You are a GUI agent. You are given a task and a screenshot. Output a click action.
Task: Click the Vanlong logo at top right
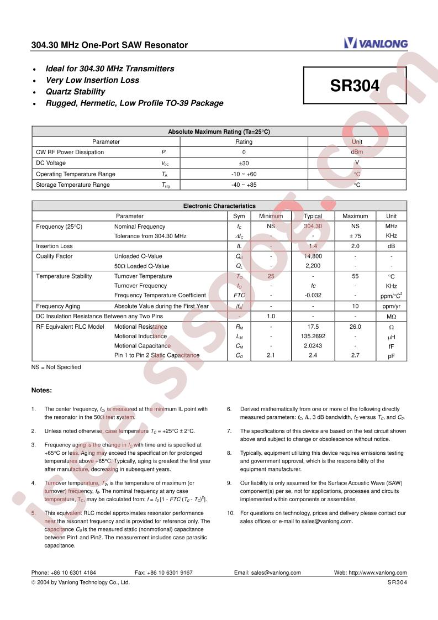[376, 43]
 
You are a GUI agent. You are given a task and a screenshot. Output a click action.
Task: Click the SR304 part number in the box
[355, 86]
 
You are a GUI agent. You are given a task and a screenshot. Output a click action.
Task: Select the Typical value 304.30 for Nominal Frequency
[313, 227]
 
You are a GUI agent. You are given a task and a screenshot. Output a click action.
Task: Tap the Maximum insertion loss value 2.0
[355, 246]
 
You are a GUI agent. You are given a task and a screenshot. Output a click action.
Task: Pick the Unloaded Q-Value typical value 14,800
[313, 256]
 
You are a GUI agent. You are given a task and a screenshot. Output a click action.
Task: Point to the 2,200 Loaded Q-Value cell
[313, 266]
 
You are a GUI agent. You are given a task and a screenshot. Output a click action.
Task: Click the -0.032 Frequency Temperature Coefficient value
[313, 296]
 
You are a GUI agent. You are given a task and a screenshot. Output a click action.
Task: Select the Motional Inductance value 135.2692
[313, 336]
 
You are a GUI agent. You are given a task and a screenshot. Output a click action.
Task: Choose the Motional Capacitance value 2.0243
[313, 346]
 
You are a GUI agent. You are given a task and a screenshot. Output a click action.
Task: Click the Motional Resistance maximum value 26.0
[355, 327]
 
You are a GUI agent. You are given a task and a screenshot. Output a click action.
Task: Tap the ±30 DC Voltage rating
[244, 163]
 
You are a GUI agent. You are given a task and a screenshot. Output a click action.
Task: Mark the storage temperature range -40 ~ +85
[244, 185]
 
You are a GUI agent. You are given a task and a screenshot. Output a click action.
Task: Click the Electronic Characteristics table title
[219, 206]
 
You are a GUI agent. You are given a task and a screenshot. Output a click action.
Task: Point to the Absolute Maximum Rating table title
[219, 132]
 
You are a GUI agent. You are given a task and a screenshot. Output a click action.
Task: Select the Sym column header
[239, 216]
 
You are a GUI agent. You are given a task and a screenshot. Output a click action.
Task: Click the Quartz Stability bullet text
[75, 92]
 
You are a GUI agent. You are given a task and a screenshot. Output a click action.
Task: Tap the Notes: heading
[41, 390]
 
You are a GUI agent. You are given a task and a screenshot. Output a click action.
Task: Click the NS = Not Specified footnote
[56, 367]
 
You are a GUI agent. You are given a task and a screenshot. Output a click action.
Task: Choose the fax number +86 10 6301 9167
[163, 573]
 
